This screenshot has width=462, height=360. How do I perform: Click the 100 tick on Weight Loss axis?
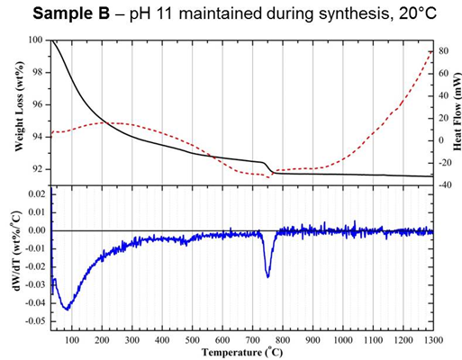(37, 40)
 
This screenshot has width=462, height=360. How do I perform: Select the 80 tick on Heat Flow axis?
(443, 52)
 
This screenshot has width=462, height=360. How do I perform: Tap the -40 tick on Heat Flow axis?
(444, 184)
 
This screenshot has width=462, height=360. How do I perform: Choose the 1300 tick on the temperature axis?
(433, 339)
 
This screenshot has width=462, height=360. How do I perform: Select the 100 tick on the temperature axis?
(71, 339)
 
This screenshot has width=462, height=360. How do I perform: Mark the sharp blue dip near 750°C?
(267, 274)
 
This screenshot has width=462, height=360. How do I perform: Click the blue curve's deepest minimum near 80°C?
(67, 309)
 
